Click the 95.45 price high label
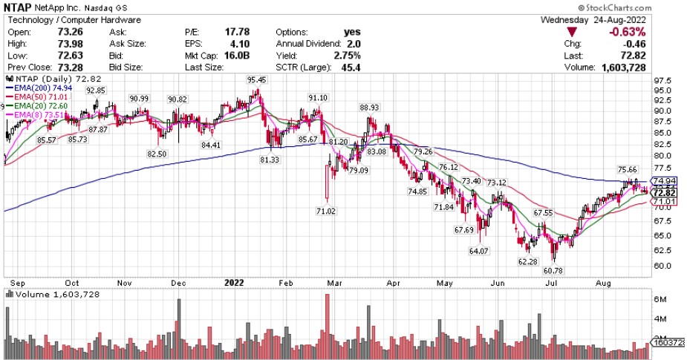click(x=257, y=79)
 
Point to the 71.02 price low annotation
click(x=327, y=211)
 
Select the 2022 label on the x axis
click(x=233, y=282)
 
